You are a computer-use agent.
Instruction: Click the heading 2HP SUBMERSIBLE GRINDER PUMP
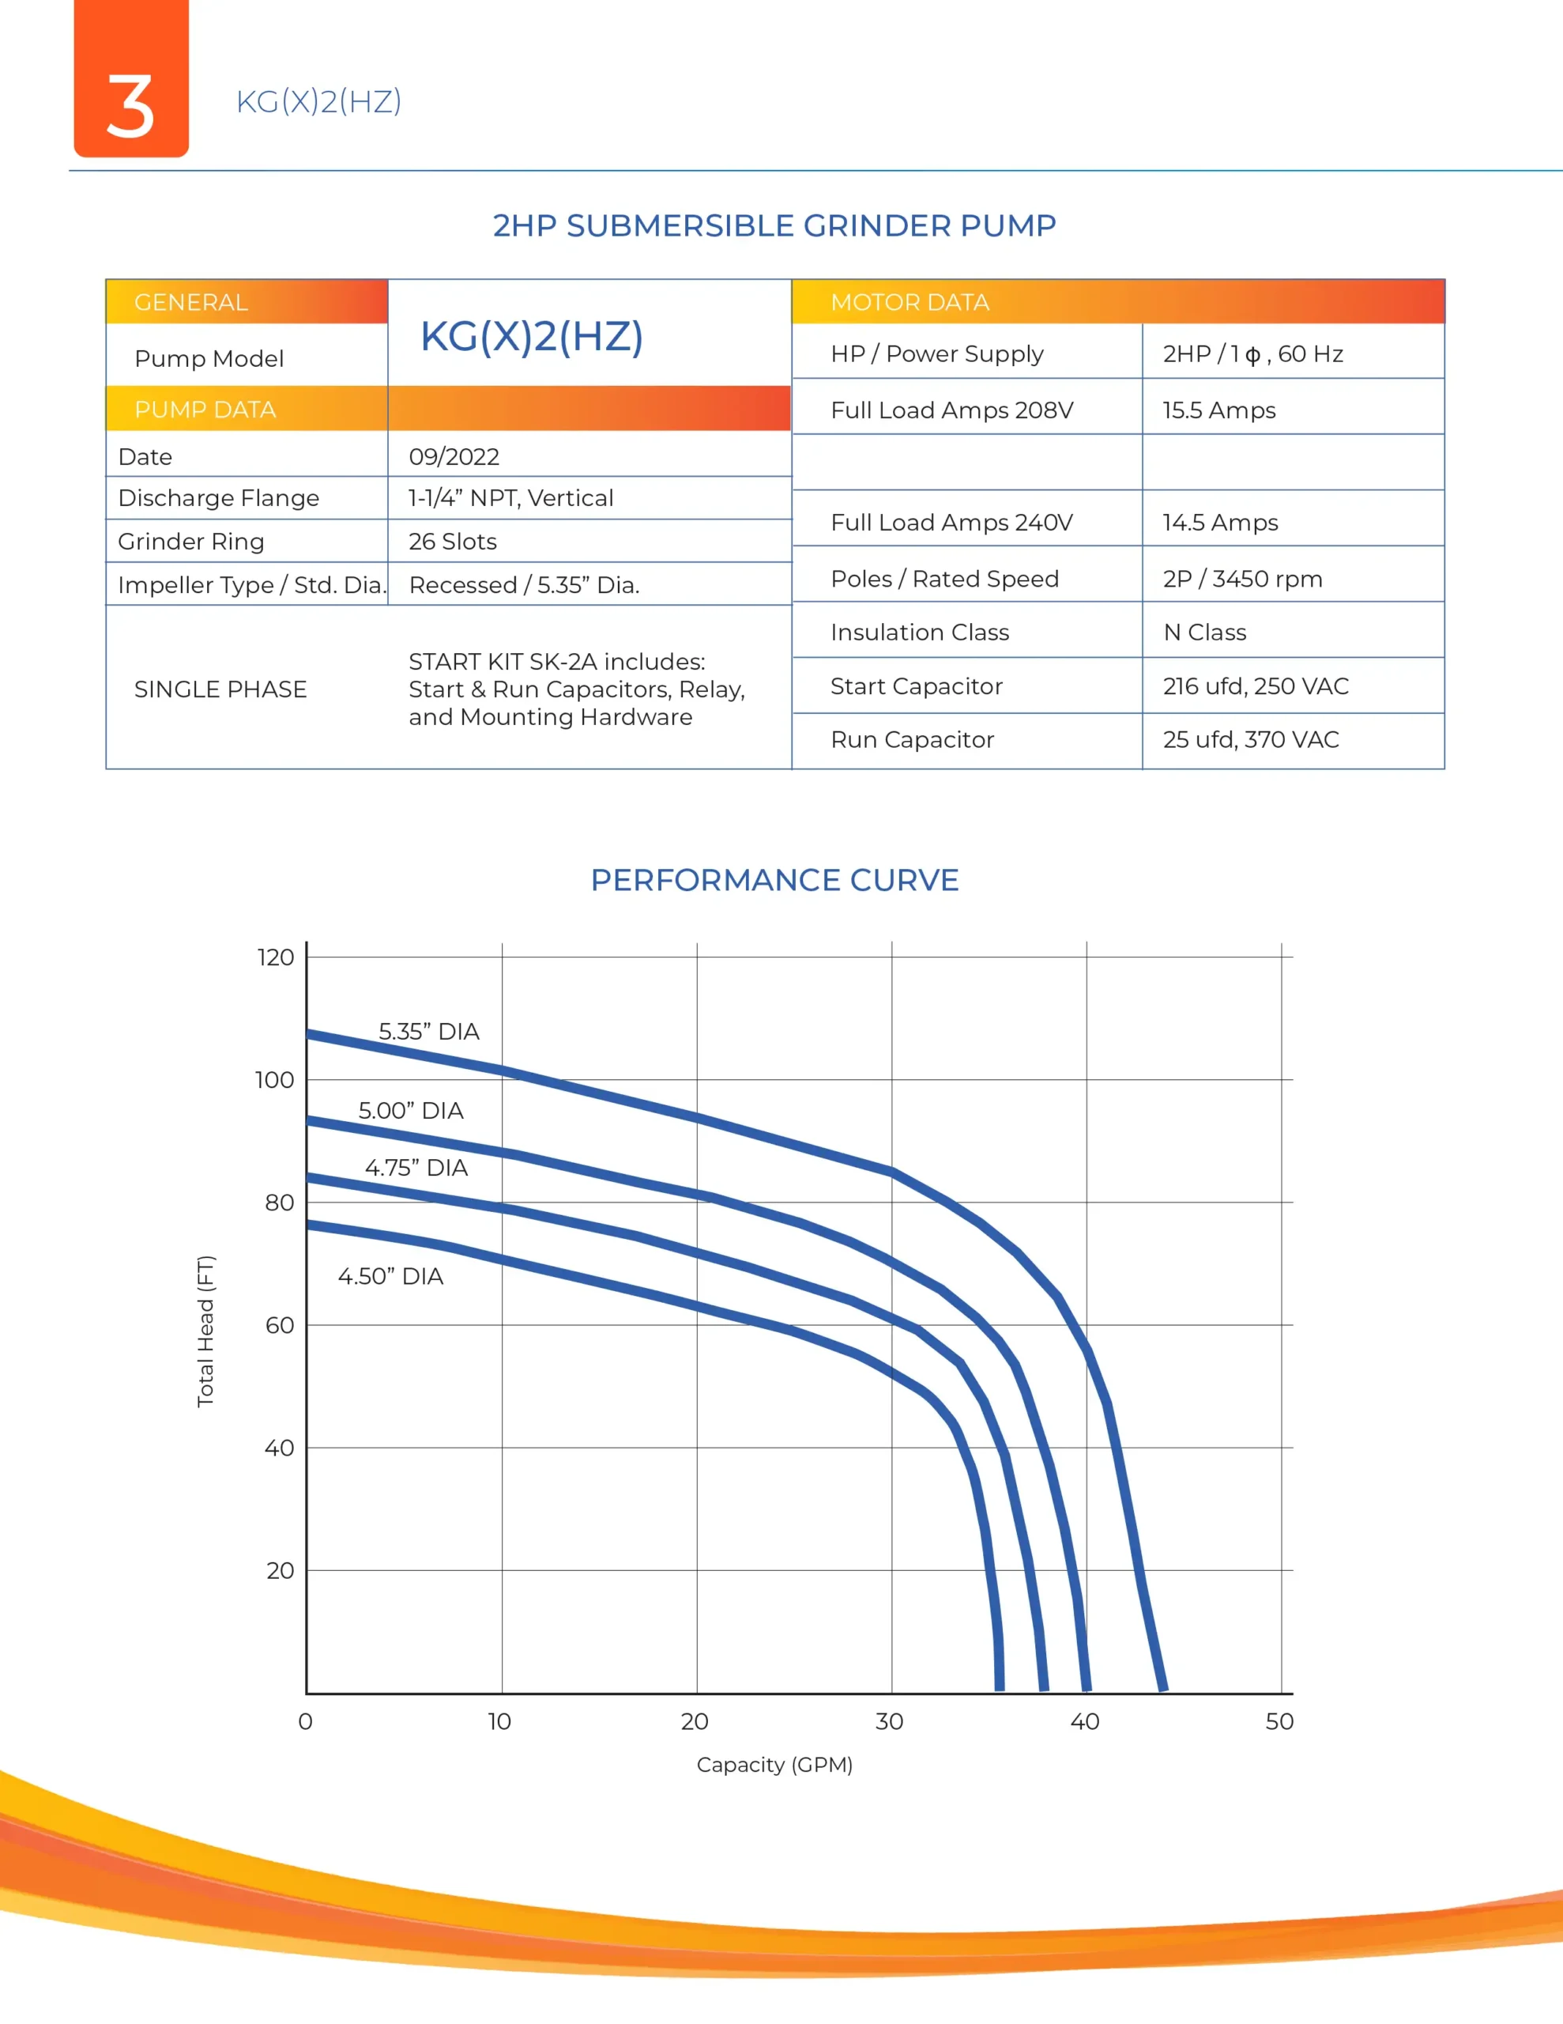(x=774, y=225)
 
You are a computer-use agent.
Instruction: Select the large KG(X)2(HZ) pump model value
(x=532, y=335)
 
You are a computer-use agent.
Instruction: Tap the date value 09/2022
(x=454, y=457)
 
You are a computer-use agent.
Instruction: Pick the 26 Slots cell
(x=452, y=542)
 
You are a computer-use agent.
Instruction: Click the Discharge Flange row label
(x=219, y=499)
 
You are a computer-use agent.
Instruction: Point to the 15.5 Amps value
(x=1218, y=410)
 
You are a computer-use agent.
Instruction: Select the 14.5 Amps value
(x=1220, y=523)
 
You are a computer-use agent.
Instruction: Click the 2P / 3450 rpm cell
(x=1242, y=580)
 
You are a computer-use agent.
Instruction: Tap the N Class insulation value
(x=1204, y=632)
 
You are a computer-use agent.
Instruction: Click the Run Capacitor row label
(x=912, y=739)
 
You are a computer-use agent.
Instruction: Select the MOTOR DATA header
(x=910, y=302)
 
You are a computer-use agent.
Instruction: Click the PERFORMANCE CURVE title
(x=774, y=879)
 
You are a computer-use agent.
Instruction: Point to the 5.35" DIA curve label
(x=429, y=1032)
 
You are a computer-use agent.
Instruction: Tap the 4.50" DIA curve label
(x=390, y=1276)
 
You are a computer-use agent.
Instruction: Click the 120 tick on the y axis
(x=275, y=957)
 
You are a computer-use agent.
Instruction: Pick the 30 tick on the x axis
(x=890, y=1721)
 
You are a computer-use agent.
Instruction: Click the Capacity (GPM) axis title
(x=774, y=1765)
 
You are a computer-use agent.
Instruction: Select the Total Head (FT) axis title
(x=205, y=1331)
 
